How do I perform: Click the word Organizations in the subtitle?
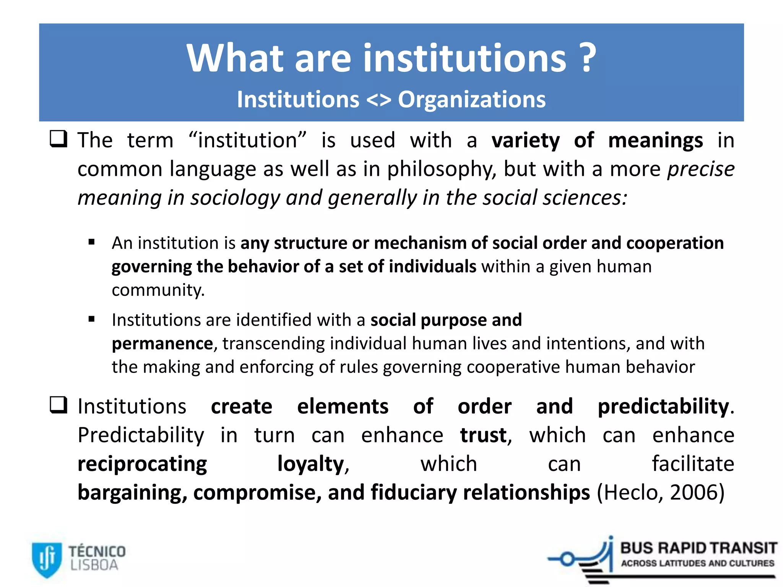(x=472, y=100)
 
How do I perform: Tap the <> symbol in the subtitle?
(x=379, y=100)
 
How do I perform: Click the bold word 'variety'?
(x=525, y=140)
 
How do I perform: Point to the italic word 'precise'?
(x=700, y=169)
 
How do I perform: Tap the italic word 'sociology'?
(x=235, y=198)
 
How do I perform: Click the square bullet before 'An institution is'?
(x=91, y=242)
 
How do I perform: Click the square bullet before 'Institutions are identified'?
(x=91, y=319)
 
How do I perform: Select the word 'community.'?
(x=158, y=290)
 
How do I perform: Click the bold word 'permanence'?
(x=162, y=344)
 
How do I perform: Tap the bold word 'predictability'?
(x=663, y=406)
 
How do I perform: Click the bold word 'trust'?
(x=483, y=435)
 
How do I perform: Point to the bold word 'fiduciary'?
(x=413, y=493)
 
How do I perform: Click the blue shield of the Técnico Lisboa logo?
(x=47, y=559)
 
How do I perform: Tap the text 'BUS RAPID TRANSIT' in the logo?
(x=698, y=548)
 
